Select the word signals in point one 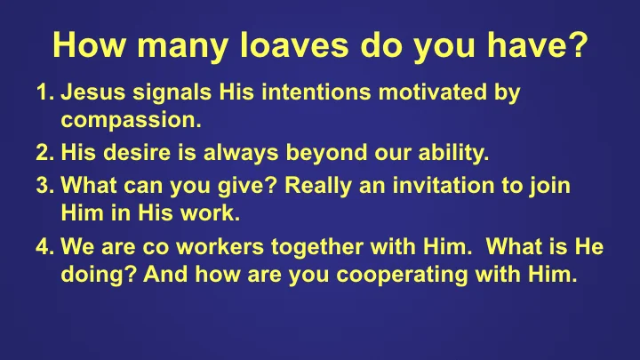[x=165, y=92]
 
